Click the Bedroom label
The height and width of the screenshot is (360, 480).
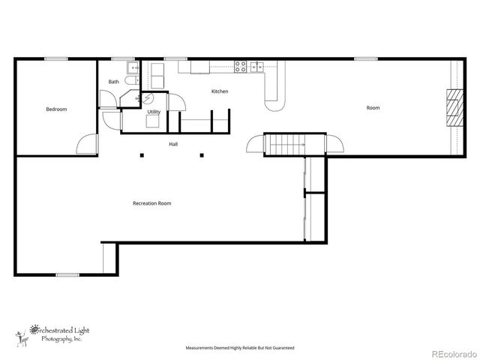(56, 109)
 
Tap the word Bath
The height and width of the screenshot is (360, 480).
(113, 82)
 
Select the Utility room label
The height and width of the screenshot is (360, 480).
(153, 112)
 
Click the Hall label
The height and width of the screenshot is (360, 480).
(173, 144)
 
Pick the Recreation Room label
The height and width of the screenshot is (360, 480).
(152, 203)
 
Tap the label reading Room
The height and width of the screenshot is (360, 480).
(373, 108)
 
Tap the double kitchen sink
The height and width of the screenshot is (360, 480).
(257, 65)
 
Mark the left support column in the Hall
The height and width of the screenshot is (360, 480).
(142, 155)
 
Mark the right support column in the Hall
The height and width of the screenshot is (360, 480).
(201, 155)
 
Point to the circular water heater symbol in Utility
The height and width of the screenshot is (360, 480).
(147, 98)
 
